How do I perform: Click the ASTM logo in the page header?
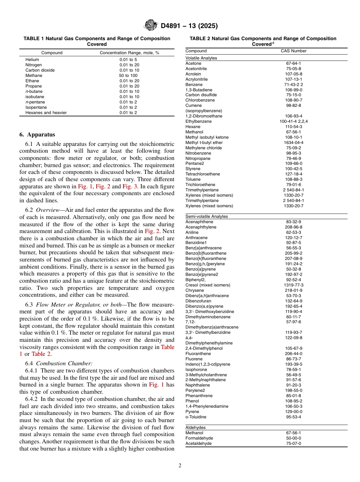151,25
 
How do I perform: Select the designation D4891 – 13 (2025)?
189,26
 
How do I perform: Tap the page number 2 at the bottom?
180,465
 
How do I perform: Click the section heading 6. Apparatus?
37,135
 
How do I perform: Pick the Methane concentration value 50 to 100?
129,75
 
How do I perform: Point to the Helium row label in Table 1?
32,59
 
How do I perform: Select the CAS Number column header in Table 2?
293,51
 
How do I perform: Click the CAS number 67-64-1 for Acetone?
293,63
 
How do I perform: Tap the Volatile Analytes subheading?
201,58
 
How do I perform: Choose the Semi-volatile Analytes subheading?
207,216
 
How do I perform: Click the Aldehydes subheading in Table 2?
196,427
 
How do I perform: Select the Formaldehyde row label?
199,438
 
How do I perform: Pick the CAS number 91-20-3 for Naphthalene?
293,385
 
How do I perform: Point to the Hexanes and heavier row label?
46,113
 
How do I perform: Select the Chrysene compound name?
194,290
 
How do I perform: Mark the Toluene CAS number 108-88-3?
293,179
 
